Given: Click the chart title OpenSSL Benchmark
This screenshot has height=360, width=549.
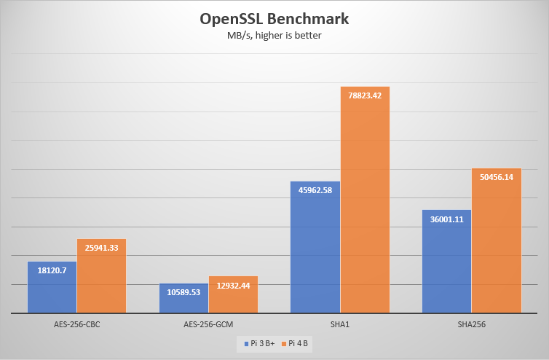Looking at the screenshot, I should [274, 18].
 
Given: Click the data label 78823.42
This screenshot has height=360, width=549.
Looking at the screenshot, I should [366, 93].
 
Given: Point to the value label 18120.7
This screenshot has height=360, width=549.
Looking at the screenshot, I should [52, 270].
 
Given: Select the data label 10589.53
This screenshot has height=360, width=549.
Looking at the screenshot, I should [183, 291].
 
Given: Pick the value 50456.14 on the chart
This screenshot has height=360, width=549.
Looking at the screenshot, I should [497, 177].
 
